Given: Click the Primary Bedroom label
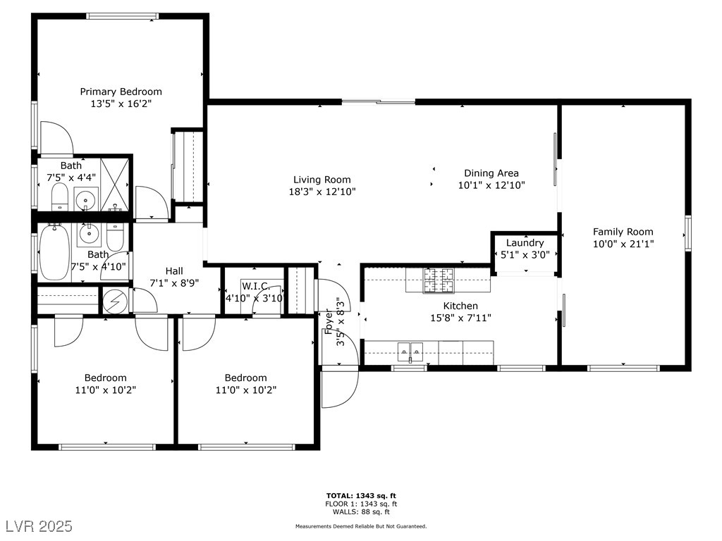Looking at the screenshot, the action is (121, 92).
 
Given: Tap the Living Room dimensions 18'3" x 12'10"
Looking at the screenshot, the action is (322, 192).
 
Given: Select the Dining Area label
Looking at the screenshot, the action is (491, 173).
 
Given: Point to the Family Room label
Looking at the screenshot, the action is (623, 232).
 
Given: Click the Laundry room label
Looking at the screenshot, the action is (525, 243).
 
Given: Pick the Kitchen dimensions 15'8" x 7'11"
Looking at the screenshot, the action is (460, 318).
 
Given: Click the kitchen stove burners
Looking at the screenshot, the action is (439, 280).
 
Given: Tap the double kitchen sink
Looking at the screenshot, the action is (410, 352).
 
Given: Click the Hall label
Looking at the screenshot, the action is (175, 271).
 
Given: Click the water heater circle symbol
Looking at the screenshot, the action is (115, 301).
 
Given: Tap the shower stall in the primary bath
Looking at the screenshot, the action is (115, 185).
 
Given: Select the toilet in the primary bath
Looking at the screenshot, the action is (60, 197).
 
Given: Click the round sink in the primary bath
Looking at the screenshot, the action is (86, 200).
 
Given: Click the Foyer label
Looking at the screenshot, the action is (329, 321).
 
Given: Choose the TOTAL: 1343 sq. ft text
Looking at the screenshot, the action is (361, 496).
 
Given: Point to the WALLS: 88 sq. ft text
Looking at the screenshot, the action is (361, 511).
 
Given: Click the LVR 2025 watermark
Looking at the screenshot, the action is (39, 526).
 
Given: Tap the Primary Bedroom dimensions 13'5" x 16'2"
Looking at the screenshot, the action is (121, 104).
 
